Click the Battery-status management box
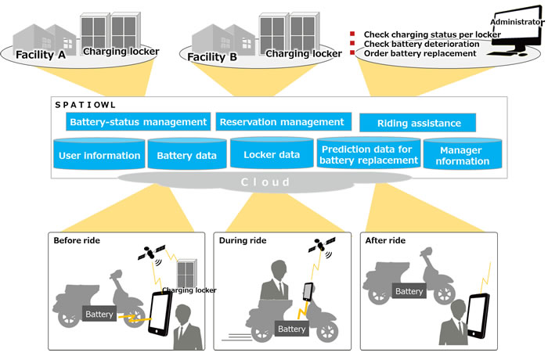point(139,122)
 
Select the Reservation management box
point(281,122)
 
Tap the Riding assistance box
point(418,124)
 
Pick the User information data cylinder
point(99,155)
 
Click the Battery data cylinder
point(186,155)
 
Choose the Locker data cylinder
point(272,154)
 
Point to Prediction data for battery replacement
point(368,155)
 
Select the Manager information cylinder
point(464,155)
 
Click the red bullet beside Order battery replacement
point(352,54)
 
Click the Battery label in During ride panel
point(290,329)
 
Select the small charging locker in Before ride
point(187,273)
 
